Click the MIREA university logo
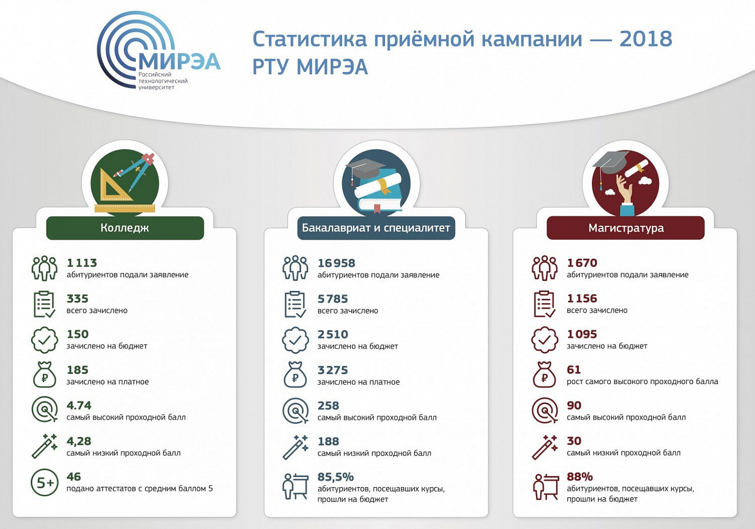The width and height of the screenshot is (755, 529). click(x=158, y=51)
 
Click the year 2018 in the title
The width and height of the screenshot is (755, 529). click(x=646, y=39)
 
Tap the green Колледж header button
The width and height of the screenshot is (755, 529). click(x=125, y=228)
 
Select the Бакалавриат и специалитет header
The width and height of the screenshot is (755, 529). click(x=376, y=228)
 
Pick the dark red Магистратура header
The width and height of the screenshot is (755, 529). click(x=625, y=228)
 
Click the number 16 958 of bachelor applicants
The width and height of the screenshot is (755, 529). click(x=336, y=263)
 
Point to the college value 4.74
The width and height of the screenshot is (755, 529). click(x=79, y=405)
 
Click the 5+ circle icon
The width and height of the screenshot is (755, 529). click(x=44, y=482)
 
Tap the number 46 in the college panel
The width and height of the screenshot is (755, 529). click(x=74, y=477)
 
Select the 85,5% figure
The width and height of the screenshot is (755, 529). click(x=336, y=477)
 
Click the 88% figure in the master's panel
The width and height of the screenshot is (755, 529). click(x=580, y=477)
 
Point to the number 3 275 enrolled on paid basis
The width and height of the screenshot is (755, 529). click(x=333, y=370)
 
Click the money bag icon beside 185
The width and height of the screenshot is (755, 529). click(x=44, y=375)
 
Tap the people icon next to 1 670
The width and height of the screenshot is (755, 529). click(x=544, y=268)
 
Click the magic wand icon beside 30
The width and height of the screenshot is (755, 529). click(x=544, y=447)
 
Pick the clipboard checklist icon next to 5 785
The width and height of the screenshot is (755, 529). click(x=295, y=305)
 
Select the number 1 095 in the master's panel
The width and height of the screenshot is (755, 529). click(x=582, y=334)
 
